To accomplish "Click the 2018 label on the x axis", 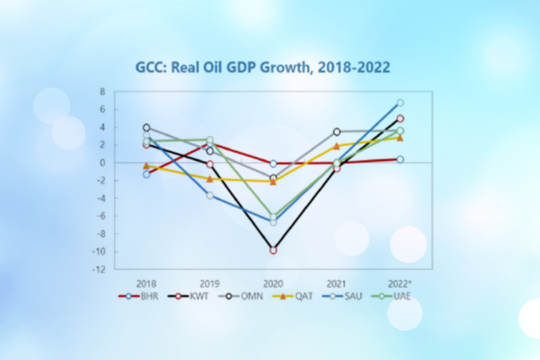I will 146,283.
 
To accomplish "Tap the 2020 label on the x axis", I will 273,283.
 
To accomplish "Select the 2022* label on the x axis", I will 400,283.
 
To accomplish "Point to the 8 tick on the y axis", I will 103,91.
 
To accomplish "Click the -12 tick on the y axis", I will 100,270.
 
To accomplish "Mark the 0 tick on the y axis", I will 103,163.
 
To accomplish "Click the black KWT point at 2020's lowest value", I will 273,250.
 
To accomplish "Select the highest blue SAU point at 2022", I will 400,103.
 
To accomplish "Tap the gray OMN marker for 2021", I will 337,132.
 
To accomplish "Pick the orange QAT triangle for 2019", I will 209,179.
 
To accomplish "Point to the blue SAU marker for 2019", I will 209,195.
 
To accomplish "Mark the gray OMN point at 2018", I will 147,127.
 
